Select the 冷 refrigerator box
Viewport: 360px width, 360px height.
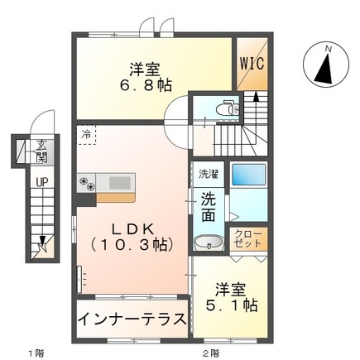pyautogui.click(x=87, y=133)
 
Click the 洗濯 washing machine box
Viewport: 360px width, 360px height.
pyautogui.click(x=207, y=175)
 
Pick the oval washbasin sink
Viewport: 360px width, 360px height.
pyautogui.click(x=207, y=242)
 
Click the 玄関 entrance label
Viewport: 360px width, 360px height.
pyautogui.click(x=41, y=153)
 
